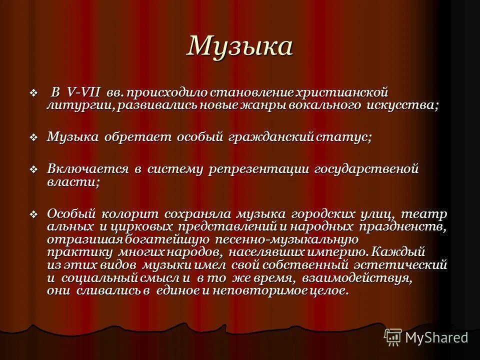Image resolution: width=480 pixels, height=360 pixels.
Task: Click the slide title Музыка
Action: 239,46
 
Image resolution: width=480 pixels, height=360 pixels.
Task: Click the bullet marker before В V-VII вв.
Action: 34,93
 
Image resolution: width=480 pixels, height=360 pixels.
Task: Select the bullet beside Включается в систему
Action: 34,169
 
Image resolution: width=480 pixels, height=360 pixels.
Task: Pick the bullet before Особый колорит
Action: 34,214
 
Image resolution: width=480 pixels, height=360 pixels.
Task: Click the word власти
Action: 73,182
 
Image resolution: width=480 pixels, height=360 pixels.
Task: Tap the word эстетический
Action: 400,265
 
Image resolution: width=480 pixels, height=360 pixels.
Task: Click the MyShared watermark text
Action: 436,337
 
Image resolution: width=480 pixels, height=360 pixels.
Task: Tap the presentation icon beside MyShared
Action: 393,337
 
